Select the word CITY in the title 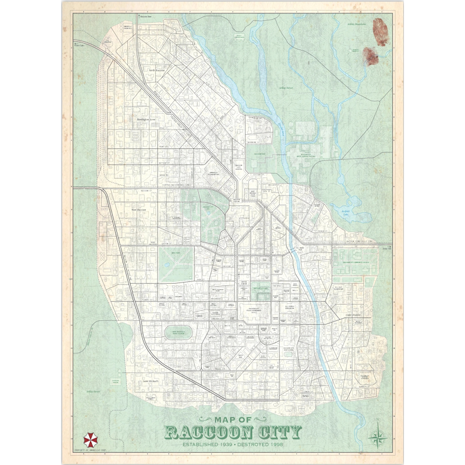click(282, 432)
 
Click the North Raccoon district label click(157, 70)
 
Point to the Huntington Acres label click(146, 119)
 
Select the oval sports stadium click(178, 332)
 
